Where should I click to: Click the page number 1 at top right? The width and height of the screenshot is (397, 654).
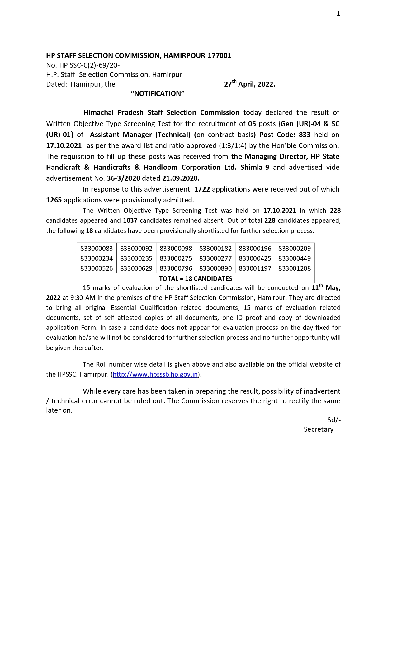338,13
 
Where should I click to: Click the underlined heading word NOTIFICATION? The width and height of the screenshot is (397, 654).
158,94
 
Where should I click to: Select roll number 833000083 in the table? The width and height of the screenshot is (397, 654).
97,248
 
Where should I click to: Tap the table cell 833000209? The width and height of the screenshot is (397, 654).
295,248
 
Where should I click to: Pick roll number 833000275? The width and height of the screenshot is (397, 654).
176,258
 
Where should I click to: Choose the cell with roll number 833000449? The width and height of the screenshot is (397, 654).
295,258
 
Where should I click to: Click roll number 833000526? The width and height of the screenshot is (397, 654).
97,268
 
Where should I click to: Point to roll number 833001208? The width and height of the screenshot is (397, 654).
295,268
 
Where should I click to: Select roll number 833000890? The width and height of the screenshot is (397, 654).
215,268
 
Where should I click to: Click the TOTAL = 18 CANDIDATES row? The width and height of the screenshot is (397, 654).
196,278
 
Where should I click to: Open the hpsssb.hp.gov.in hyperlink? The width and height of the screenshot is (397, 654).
155,374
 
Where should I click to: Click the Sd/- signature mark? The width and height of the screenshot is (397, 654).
334,420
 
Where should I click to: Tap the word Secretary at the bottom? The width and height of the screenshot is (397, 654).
319,429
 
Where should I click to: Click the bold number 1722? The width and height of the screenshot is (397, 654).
202,189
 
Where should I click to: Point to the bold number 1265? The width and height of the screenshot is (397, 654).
54,200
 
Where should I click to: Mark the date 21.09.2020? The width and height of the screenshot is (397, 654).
181,178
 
